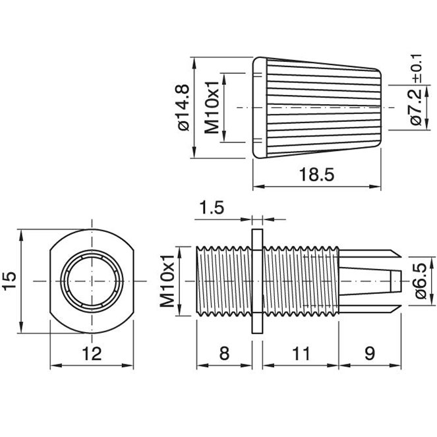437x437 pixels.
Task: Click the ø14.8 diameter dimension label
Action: [183, 107]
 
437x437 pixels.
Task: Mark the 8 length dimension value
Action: [224, 353]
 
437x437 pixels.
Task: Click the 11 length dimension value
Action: [300, 353]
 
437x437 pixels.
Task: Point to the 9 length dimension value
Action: [369, 353]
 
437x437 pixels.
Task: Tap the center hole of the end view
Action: [92, 281]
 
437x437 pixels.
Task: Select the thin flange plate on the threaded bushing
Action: [257, 281]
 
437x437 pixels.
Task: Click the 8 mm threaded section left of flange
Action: [224, 281]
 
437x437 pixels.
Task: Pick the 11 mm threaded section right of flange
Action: [300, 281]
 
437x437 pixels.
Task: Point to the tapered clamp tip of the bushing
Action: [372, 281]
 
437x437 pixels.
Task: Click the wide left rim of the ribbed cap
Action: [259, 107]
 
